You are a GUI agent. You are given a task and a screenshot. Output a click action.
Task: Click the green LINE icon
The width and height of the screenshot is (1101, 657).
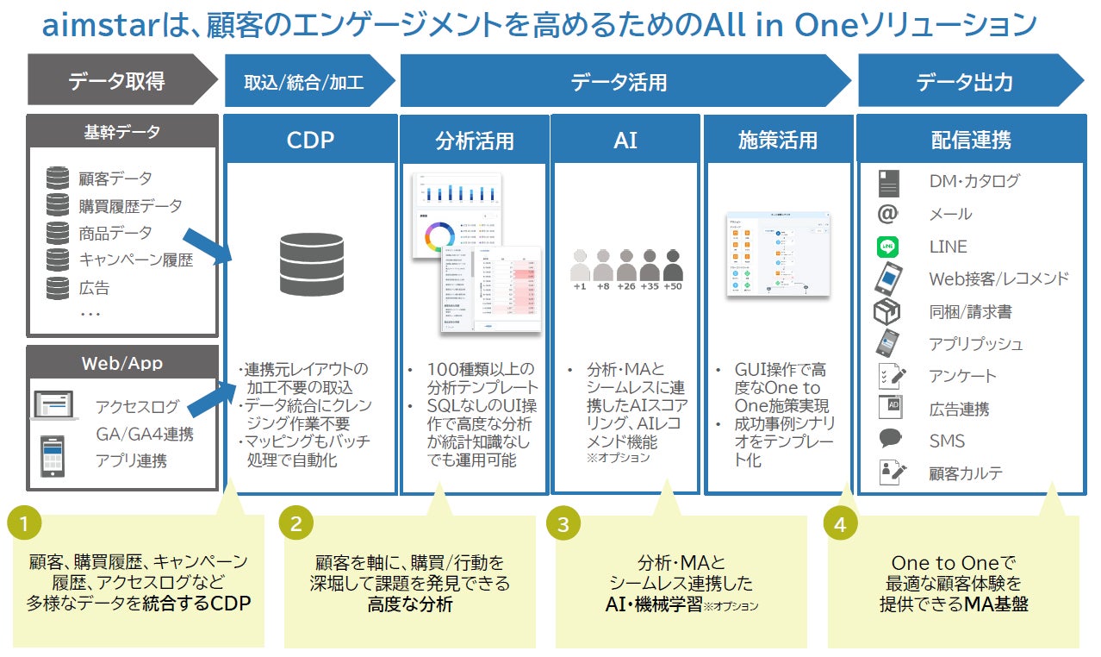click(888, 247)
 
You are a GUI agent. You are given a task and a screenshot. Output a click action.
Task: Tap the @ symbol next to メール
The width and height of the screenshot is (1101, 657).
click(888, 214)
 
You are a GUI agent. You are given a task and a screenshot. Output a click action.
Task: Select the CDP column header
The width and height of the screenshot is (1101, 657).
click(310, 140)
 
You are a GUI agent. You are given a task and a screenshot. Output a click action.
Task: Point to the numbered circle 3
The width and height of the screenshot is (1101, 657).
click(563, 523)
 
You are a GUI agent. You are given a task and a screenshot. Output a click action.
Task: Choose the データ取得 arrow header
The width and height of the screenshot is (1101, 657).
click(117, 82)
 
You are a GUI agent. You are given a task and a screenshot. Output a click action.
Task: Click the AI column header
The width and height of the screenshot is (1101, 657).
click(625, 140)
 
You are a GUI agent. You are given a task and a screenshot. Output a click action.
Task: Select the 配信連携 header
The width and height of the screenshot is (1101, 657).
click(971, 140)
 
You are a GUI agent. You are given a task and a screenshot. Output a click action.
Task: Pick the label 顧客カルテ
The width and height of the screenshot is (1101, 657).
click(966, 473)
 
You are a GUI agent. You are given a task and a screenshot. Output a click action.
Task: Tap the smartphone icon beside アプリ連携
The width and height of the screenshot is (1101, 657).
click(53, 455)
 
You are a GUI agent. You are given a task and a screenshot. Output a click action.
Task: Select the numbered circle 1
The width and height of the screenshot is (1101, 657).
click(25, 523)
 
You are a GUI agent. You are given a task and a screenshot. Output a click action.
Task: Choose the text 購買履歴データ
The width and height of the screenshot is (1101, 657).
click(130, 206)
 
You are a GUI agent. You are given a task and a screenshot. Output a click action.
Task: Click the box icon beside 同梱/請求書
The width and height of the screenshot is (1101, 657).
click(887, 311)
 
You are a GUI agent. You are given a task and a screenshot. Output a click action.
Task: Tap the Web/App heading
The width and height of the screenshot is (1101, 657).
click(121, 363)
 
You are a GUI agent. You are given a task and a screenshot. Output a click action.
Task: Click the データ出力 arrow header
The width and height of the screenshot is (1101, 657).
click(965, 82)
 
